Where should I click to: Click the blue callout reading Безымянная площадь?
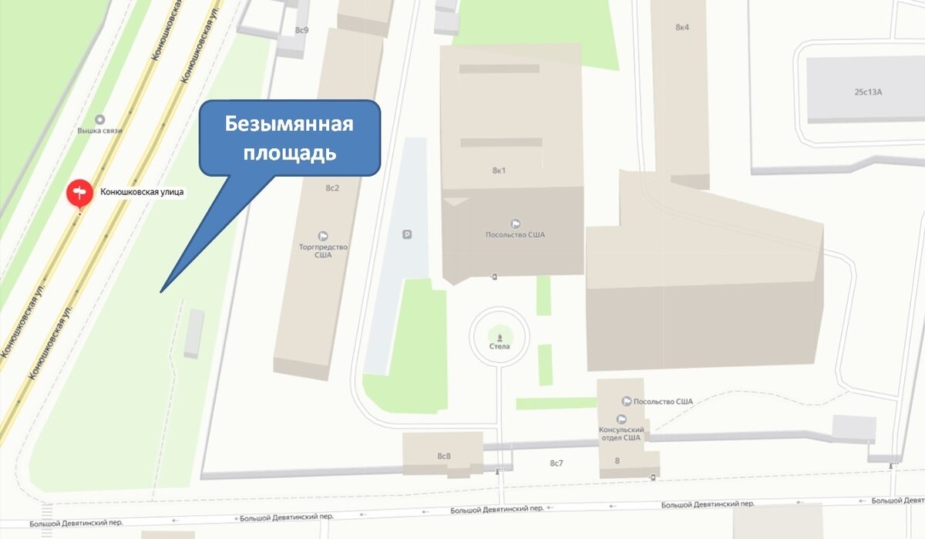point(290,139)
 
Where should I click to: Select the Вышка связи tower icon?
point(99,120)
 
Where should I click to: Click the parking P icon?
point(408,234)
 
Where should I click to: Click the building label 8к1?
point(498,170)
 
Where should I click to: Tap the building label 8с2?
point(332,188)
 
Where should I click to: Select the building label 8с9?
point(301,30)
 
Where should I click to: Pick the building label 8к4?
point(682,27)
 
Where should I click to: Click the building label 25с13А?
point(867,92)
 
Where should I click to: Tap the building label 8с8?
point(444,456)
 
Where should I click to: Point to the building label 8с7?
point(557,463)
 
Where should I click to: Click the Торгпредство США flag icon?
point(323,236)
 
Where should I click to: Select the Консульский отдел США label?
point(621,433)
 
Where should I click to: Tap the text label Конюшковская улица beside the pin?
point(143,192)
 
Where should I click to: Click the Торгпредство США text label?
point(323,251)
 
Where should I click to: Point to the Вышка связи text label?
point(99,131)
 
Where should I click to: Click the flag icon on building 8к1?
point(515,224)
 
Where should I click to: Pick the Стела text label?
point(499,347)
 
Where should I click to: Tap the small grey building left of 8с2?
point(194,333)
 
